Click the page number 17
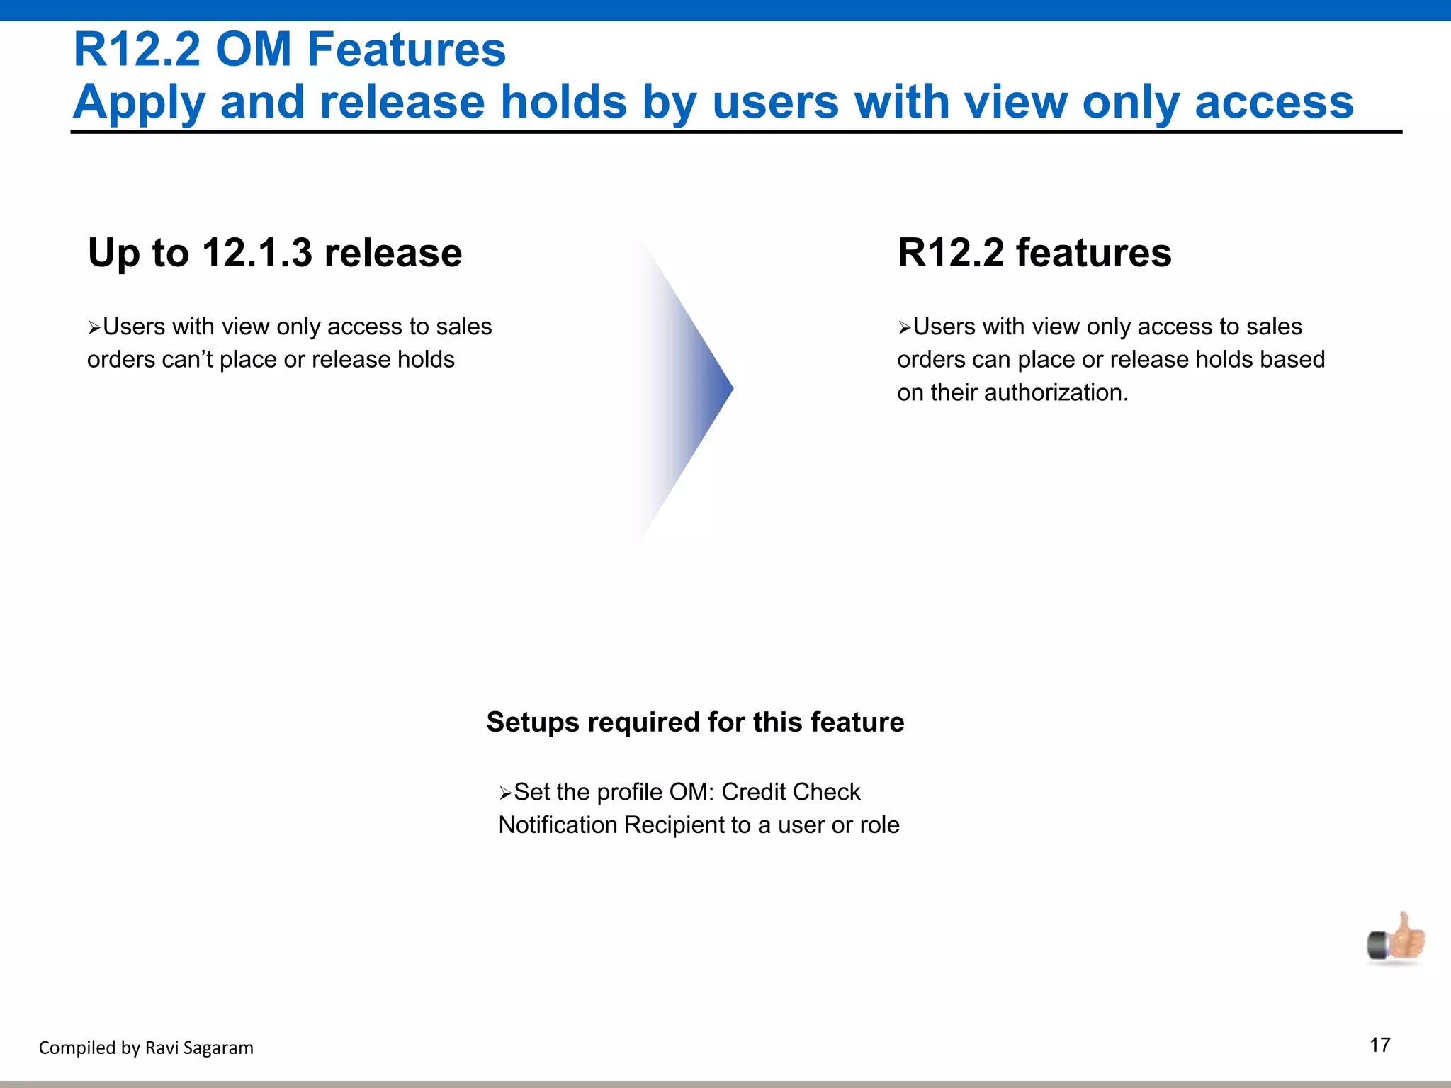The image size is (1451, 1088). (x=1379, y=1045)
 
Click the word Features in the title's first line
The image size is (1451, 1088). (x=406, y=50)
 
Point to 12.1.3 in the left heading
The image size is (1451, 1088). (x=256, y=253)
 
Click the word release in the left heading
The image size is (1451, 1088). (x=393, y=253)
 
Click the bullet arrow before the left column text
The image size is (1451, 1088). (x=94, y=328)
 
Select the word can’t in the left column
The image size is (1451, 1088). (x=187, y=360)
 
